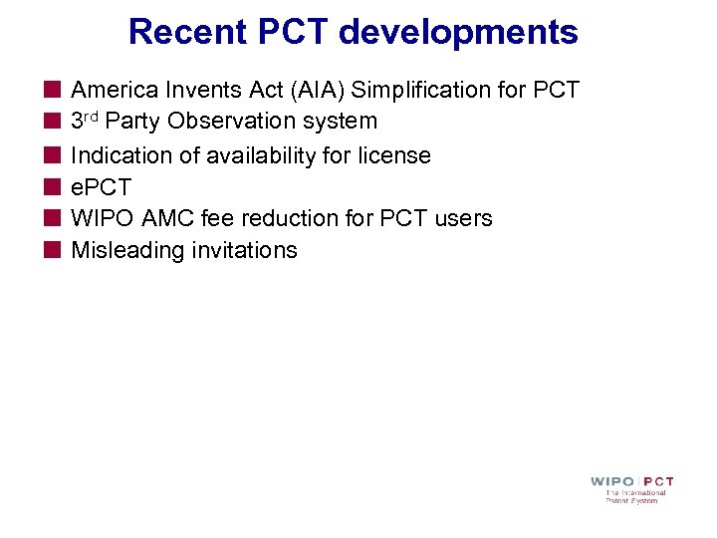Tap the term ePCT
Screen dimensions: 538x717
tap(101, 187)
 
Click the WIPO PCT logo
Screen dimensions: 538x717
tap(631, 489)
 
